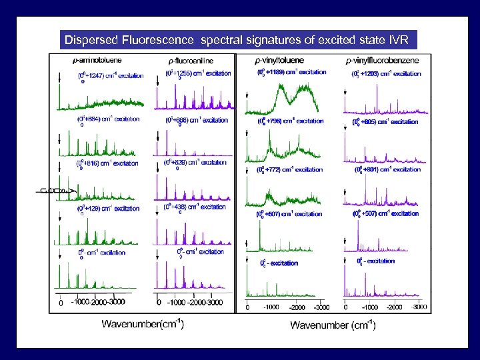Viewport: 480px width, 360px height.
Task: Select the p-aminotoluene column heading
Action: pyautogui.click(x=97, y=61)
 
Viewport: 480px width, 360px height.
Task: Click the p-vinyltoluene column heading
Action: pyautogui.click(x=281, y=61)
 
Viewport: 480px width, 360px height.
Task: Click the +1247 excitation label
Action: pyautogui.click(x=111, y=76)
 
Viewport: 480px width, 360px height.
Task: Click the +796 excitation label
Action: pyautogui.click(x=291, y=121)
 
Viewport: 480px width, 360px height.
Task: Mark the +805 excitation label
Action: pyautogui.click(x=385, y=123)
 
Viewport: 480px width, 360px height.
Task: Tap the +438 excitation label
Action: pyautogui.click(x=195, y=207)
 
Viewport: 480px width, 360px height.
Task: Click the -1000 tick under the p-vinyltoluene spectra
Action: pyautogui.click(x=270, y=307)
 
